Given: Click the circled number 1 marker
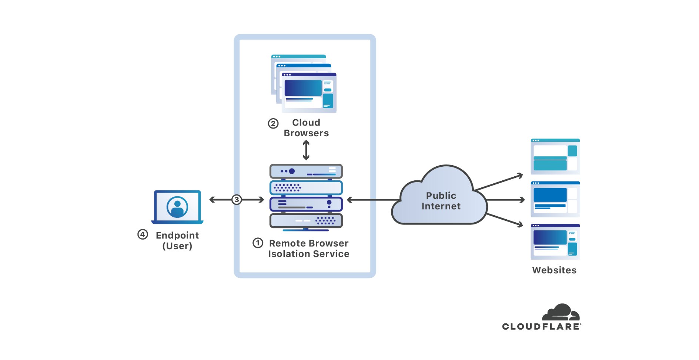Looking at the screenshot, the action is pos(258,243).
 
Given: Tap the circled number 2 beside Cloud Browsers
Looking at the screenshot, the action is pos(273,123).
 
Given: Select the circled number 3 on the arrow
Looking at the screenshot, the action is pos(237,200).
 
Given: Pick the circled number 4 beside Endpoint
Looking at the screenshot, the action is pos(143,234).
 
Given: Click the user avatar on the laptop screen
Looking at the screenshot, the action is pos(177,207).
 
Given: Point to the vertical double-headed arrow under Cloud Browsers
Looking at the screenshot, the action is pos(306,150).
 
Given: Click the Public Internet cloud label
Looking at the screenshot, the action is pos(441,201).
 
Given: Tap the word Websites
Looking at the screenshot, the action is pos(554,270).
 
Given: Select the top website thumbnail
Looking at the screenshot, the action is pos(555,156).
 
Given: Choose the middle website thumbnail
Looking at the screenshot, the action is pos(555,199).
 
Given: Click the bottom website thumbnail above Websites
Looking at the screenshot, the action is pos(555,241).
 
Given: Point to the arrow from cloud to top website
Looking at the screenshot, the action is pos(498,182).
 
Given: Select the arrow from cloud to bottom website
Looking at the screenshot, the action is pos(504,220).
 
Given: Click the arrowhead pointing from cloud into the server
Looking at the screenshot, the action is pos(350,200).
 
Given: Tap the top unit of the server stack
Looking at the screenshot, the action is pos(306,171).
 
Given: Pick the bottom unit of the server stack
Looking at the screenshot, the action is pos(306,221).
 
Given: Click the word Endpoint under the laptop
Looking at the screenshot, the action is pos(177,235).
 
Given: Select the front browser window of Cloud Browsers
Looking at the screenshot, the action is pos(309,93).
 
